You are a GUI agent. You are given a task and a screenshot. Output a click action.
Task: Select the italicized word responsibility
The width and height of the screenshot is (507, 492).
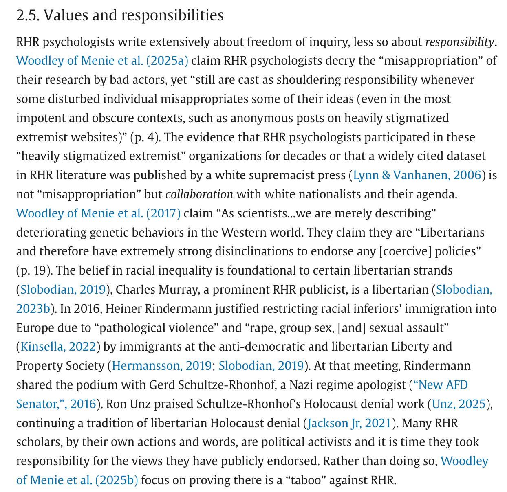[459, 42]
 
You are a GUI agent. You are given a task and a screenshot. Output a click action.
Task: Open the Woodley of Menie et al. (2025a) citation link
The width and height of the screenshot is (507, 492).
[102, 61]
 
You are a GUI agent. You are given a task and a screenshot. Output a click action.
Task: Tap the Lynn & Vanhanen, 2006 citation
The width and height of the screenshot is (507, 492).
[417, 175]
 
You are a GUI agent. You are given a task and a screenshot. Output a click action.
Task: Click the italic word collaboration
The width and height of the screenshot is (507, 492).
[199, 194]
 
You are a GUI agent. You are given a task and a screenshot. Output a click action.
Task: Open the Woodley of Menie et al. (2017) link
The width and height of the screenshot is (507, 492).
[98, 213]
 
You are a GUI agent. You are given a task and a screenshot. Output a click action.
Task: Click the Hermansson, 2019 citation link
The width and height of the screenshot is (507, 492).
[161, 366]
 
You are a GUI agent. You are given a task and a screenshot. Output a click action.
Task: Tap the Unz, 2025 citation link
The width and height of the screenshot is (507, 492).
[459, 404]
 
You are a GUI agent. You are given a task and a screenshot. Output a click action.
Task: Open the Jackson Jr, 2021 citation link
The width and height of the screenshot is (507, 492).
[349, 423]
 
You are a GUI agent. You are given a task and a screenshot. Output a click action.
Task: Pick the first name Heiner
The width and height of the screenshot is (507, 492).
[122, 308]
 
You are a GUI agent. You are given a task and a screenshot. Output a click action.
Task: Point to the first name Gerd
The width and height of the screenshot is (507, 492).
[162, 385]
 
